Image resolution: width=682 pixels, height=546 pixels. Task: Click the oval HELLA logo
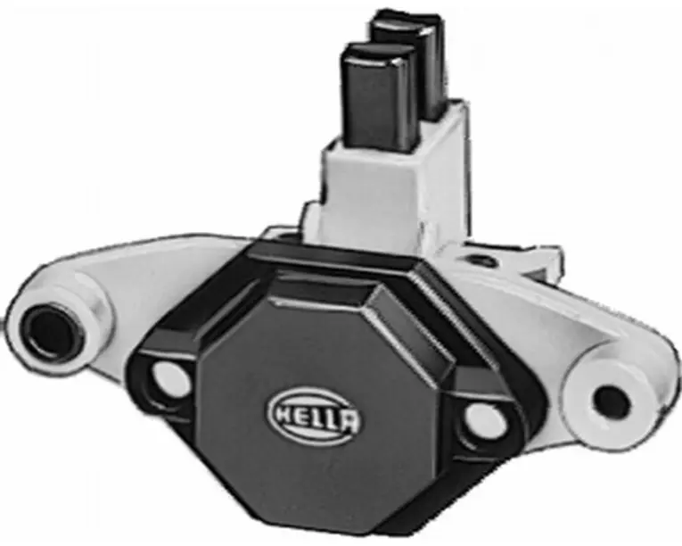(314, 418)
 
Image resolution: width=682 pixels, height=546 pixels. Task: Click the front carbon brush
(379, 95)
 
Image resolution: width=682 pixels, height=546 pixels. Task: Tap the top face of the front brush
(377, 54)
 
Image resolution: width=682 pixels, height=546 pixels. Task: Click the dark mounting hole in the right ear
(612, 401)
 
